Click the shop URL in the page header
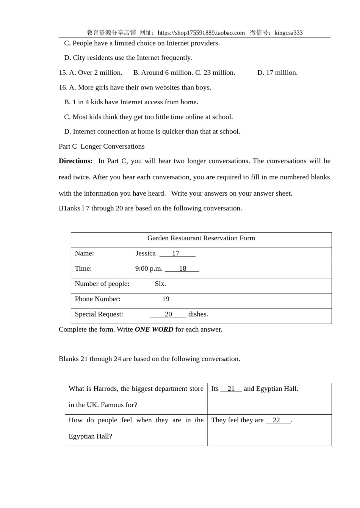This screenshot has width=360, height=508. tap(201, 33)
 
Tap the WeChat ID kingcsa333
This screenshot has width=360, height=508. tap(288, 33)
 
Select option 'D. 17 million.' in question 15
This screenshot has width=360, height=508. tap(277, 72)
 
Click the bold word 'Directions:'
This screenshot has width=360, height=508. tap(75, 161)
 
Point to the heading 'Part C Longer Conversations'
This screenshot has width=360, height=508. tap(102, 146)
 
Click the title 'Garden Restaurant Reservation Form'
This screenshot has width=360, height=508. tap(201, 238)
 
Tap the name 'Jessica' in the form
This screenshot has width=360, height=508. tap(146, 253)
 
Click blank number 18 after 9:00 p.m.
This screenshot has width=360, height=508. tap(182, 268)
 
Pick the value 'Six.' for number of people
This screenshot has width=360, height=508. tap(160, 284)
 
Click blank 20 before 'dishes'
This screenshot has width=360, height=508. tap(168, 314)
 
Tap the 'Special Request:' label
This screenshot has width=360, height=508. tap(99, 314)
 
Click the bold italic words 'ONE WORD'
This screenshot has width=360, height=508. tap(154, 329)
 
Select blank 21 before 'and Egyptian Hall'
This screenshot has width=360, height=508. tap(231, 389)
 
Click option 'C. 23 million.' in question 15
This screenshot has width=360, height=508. tap(215, 72)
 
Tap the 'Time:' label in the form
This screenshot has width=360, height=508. tap(83, 268)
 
